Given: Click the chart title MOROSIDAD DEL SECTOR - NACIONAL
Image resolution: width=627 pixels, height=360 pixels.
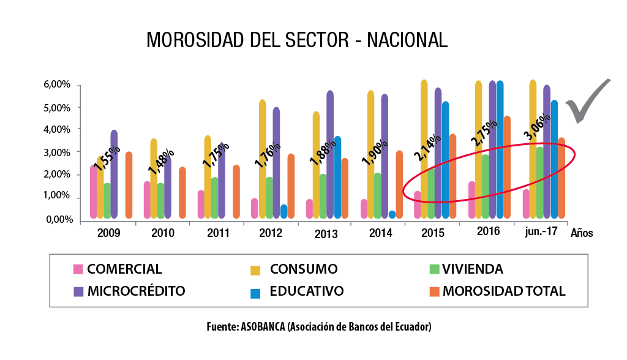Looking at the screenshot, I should [x=297, y=40].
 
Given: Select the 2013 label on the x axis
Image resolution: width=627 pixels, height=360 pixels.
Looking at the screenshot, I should [x=326, y=233].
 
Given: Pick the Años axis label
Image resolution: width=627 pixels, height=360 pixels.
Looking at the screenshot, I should [x=581, y=233].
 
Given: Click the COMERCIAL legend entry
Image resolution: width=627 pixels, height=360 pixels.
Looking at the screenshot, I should [x=124, y=269].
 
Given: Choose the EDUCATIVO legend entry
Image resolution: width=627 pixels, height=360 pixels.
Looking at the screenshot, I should [x=307, y=291].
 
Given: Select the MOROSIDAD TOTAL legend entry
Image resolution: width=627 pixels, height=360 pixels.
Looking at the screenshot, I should [x=504, y=291].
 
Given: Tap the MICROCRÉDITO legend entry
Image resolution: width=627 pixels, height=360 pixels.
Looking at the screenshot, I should [x=136, y=291].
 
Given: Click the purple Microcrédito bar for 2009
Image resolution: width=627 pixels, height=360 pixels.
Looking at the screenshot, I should [x=114, y=174].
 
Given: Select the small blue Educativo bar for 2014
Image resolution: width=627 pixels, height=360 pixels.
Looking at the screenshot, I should [x=392, y=215].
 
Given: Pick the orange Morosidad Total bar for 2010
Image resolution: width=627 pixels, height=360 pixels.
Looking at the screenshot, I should [x=182, y=193].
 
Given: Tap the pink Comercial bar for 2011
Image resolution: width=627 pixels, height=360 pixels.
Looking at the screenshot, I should [x=201, y=204].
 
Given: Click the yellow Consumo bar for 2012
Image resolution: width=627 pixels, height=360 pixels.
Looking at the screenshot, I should [x=262, y=159].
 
